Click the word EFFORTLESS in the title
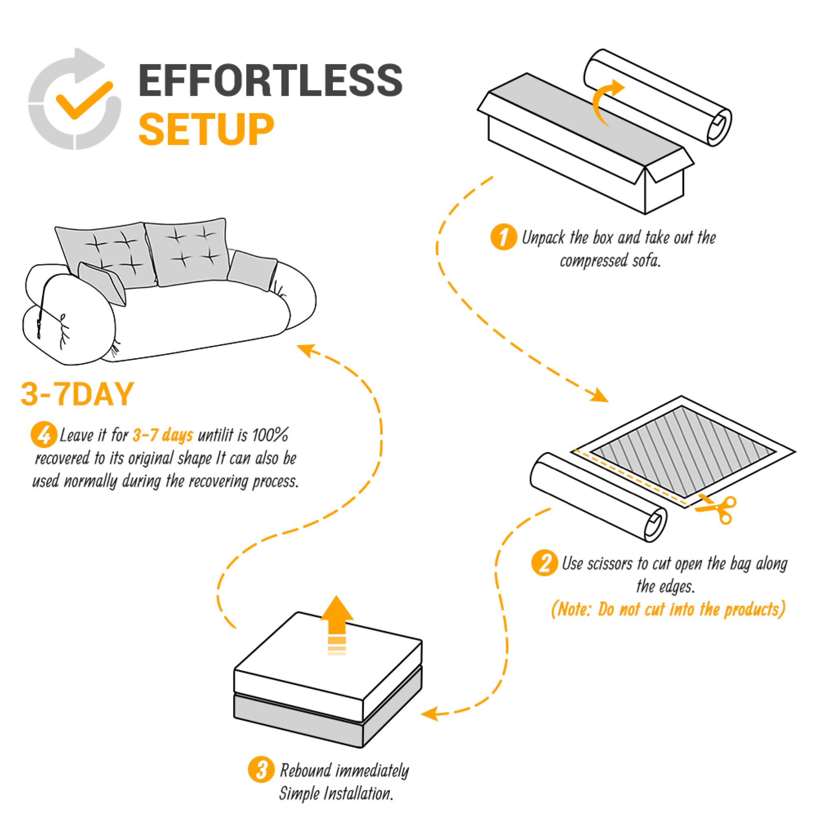pos(271,80)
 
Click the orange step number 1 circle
pos(503,238)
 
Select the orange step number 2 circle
pos(544,564)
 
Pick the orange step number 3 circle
pos(262,770)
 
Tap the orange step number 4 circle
pos(44,435)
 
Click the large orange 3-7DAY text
pos(77,395)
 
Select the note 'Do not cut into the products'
pos(668,610)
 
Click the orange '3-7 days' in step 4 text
pos(163,435)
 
